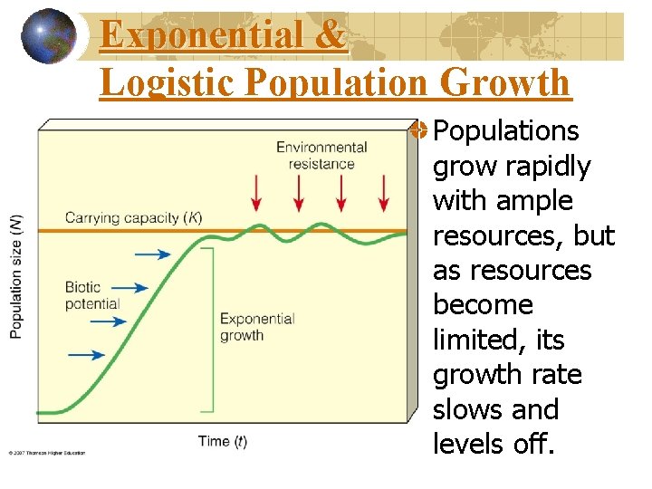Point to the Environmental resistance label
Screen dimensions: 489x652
click(321, 155)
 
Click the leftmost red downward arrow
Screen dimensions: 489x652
click(256, 192)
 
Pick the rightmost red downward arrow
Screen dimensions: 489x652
click(384, 192)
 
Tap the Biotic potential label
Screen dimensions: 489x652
click(91, 295)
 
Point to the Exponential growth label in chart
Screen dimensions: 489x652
click(257, 327)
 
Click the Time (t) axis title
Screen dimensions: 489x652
click(223, 442)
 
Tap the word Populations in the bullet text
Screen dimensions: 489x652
click(505, 131)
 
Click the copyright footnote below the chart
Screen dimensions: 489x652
click(47, 453)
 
